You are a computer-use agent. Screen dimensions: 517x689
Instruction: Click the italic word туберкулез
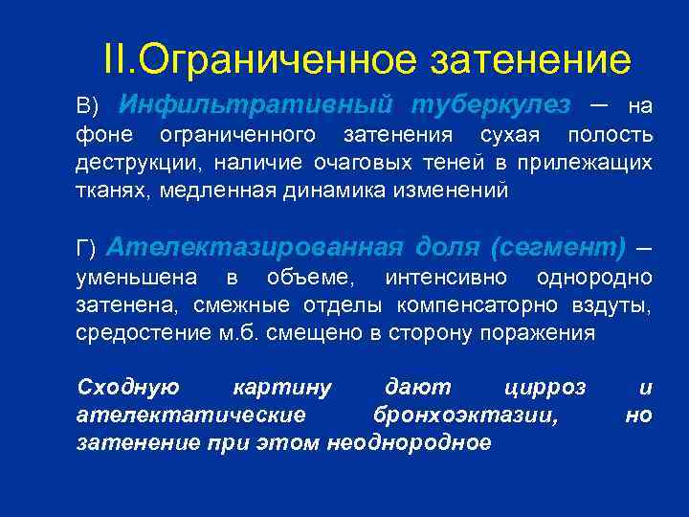tap(490, 102)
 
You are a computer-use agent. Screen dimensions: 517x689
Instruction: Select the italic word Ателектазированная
tap(256, 247)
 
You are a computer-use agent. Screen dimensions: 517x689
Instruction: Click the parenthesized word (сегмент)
tap(558, 247)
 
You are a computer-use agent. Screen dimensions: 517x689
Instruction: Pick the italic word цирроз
tap(544, 388)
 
